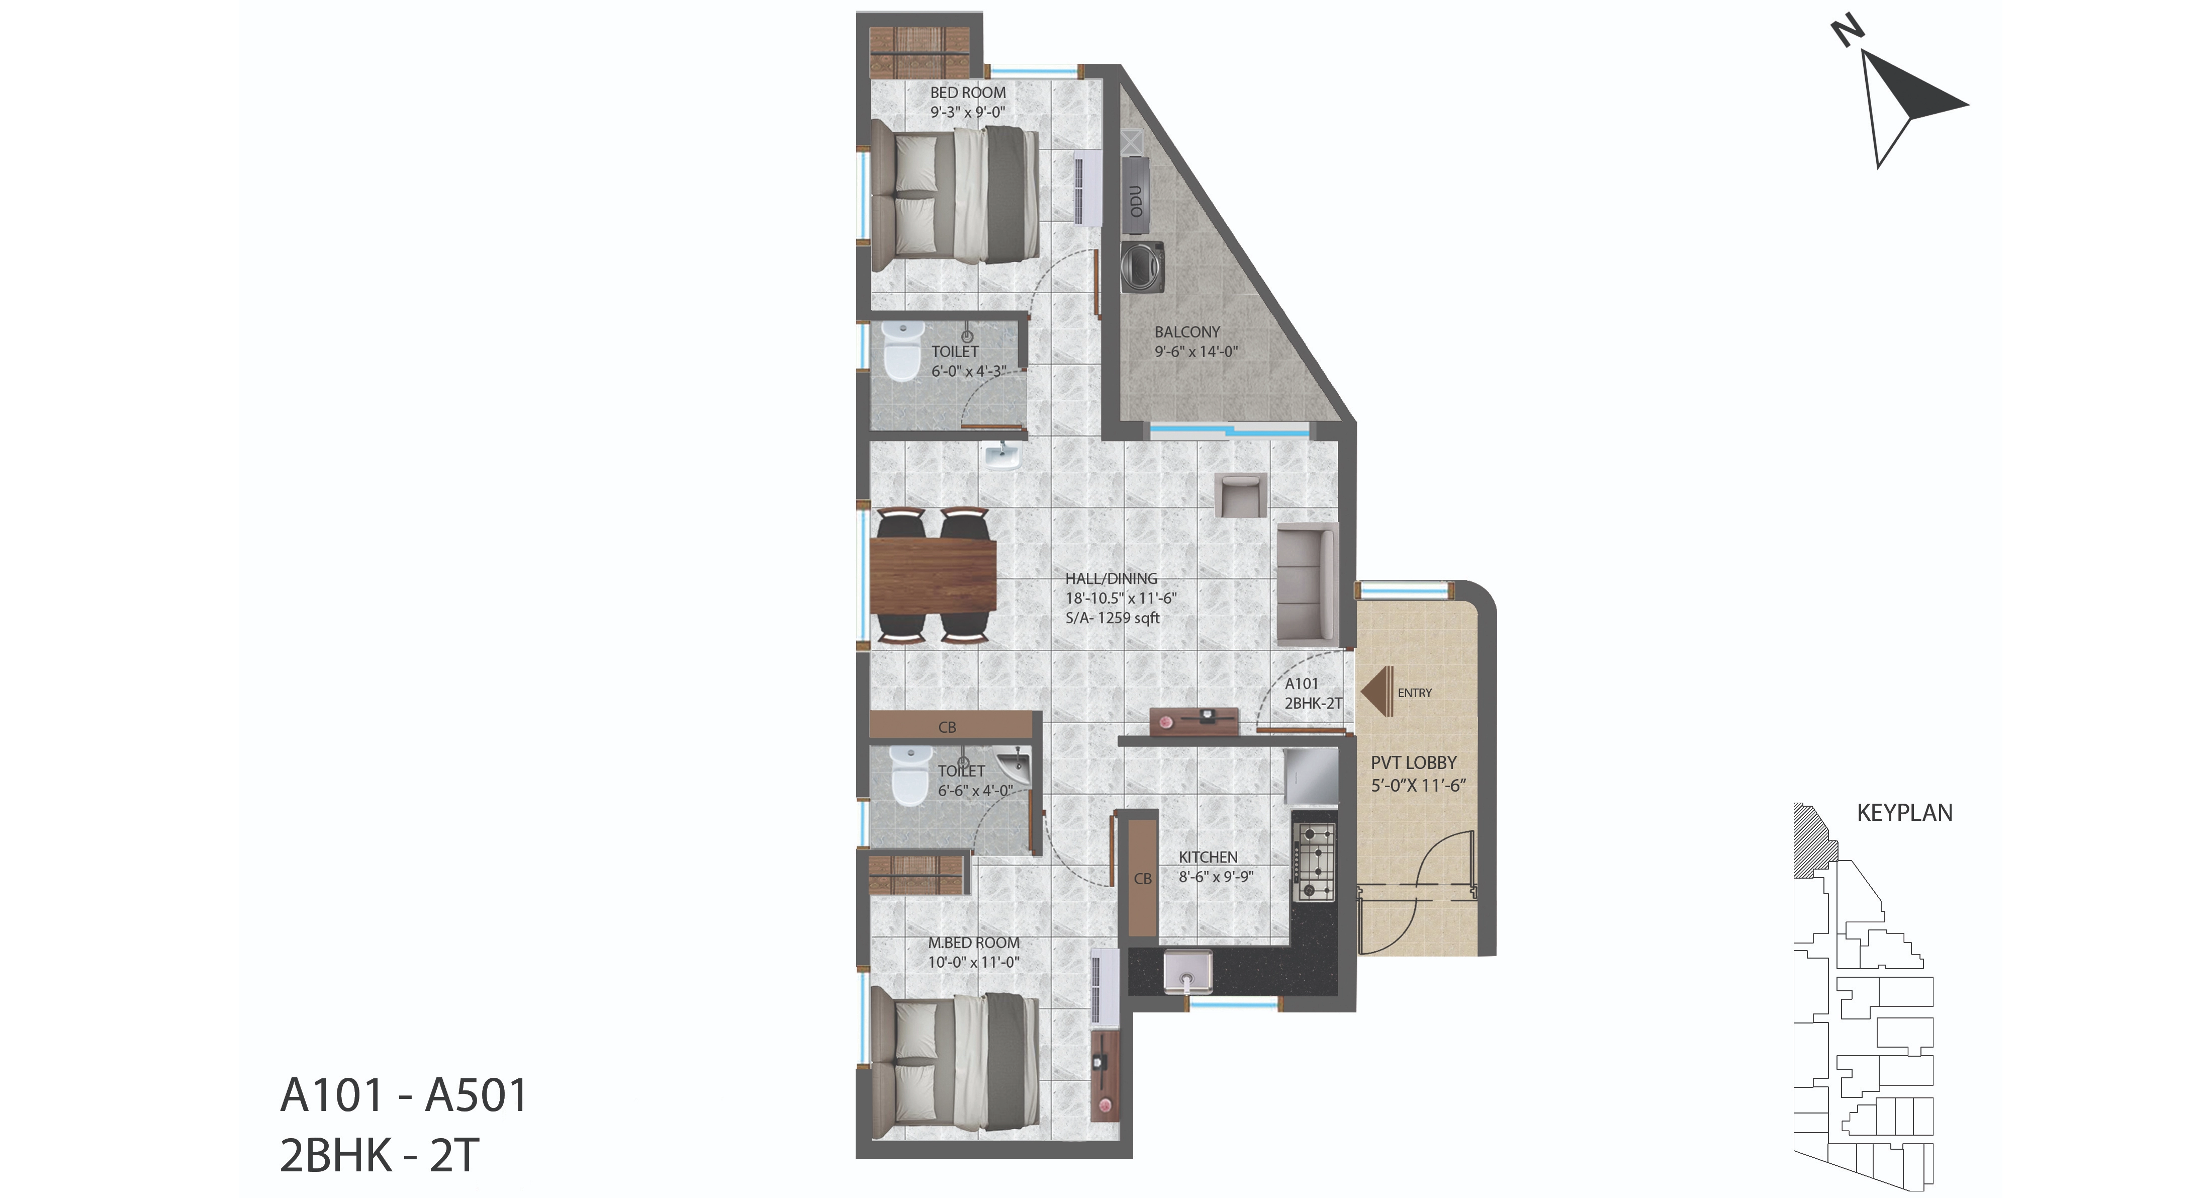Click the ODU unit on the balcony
1135,200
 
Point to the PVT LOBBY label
1413,762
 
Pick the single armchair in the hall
1240,495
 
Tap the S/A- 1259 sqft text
1112,618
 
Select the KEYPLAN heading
1904,812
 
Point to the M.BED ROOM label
974,942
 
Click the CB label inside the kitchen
1142,879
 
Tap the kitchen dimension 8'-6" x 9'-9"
1216,876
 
